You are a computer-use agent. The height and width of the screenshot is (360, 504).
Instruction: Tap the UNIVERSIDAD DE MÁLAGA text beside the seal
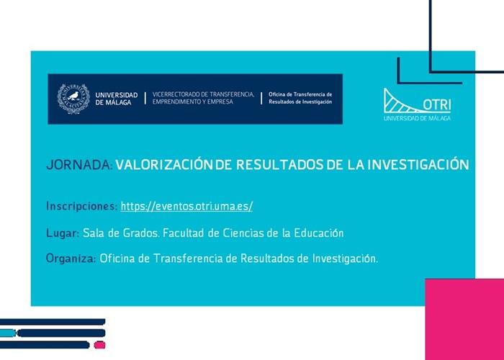[116, 99]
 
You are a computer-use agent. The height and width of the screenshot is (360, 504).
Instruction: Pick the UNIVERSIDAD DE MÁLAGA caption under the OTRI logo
[417, 117]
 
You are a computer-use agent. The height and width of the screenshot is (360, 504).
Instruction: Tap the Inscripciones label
[81, 207]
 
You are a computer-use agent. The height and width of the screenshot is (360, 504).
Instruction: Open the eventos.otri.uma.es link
[186, 207]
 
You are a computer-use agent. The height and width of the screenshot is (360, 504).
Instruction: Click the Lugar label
[62, 233]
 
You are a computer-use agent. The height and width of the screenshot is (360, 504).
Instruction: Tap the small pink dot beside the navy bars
[100, 345]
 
